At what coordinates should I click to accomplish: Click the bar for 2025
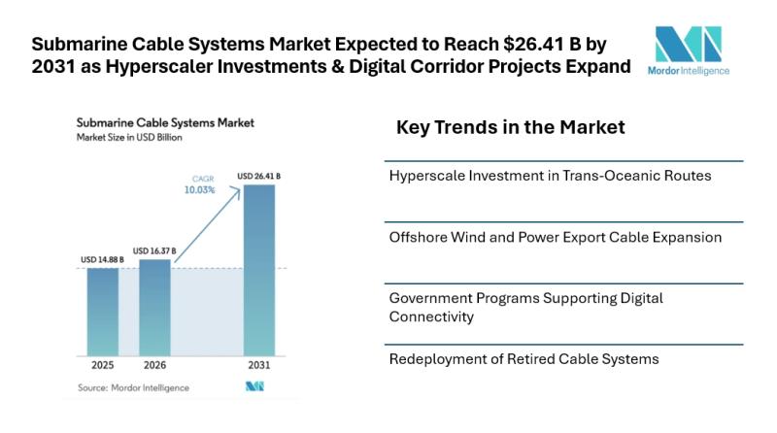102,311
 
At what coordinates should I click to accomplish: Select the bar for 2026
154,306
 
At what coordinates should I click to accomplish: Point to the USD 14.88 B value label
102,260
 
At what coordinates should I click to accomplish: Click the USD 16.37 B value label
154,250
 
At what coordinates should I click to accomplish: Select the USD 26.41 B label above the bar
258,176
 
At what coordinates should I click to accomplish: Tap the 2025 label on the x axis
102,367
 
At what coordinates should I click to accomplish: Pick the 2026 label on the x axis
154,367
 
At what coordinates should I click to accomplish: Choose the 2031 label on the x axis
258,367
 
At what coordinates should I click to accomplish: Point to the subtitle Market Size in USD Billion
129,138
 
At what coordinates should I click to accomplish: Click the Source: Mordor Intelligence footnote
132,387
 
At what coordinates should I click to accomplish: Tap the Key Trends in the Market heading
510,127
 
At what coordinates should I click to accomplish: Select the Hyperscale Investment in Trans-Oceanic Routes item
550,177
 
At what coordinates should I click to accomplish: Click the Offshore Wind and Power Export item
555,237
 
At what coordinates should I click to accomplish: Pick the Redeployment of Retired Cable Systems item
524,359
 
